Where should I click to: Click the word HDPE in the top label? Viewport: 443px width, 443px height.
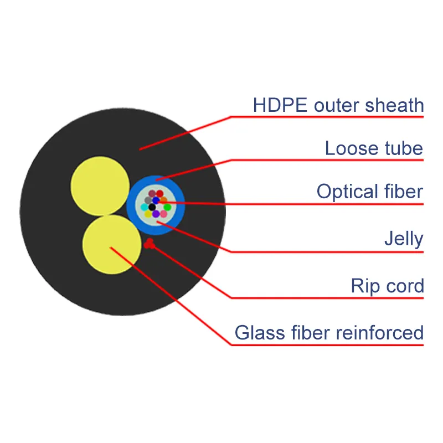click(280, 105)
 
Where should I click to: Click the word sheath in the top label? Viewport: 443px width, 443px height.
click(394, 105)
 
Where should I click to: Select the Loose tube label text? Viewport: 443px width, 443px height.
click(374, 148)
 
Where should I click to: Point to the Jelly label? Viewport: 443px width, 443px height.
click(404, 239)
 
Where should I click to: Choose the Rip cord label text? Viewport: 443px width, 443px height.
click(387, 286)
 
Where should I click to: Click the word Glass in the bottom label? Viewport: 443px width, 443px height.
click(260, 333)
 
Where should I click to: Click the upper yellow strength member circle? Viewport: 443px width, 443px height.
click(100, 186)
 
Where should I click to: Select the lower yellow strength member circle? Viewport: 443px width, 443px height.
click(112, 245)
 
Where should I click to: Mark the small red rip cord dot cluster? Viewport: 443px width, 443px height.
click(149, 244)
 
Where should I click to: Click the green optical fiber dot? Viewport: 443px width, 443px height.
click(167, 207)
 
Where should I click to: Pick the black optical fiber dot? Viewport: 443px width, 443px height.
click(152, 207)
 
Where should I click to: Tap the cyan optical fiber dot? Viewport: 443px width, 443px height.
click(145, 207)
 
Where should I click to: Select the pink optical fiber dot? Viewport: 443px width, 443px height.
click(163, 214)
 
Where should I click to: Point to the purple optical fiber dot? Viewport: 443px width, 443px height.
click(156, 214)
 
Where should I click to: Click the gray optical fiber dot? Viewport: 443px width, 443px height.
click(148, 200)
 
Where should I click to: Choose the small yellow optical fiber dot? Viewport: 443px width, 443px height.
click(148, 214)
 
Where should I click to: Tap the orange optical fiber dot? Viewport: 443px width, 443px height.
click(164, 199)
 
